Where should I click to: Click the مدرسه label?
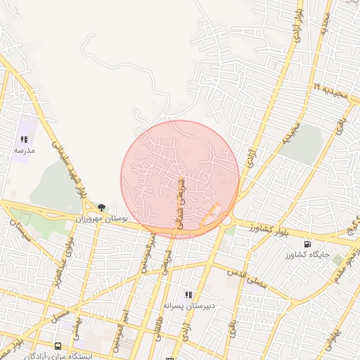click(25, 150)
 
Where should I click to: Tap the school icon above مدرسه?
click(25, 140)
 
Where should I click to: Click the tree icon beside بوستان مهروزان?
click(102, 207)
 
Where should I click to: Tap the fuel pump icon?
click(307, 245)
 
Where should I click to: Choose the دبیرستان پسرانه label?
click(188, 306)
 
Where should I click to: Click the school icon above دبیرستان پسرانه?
click(188, 295)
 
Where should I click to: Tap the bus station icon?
click(57, 346)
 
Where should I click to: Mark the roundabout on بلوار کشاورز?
click(226, 220)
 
